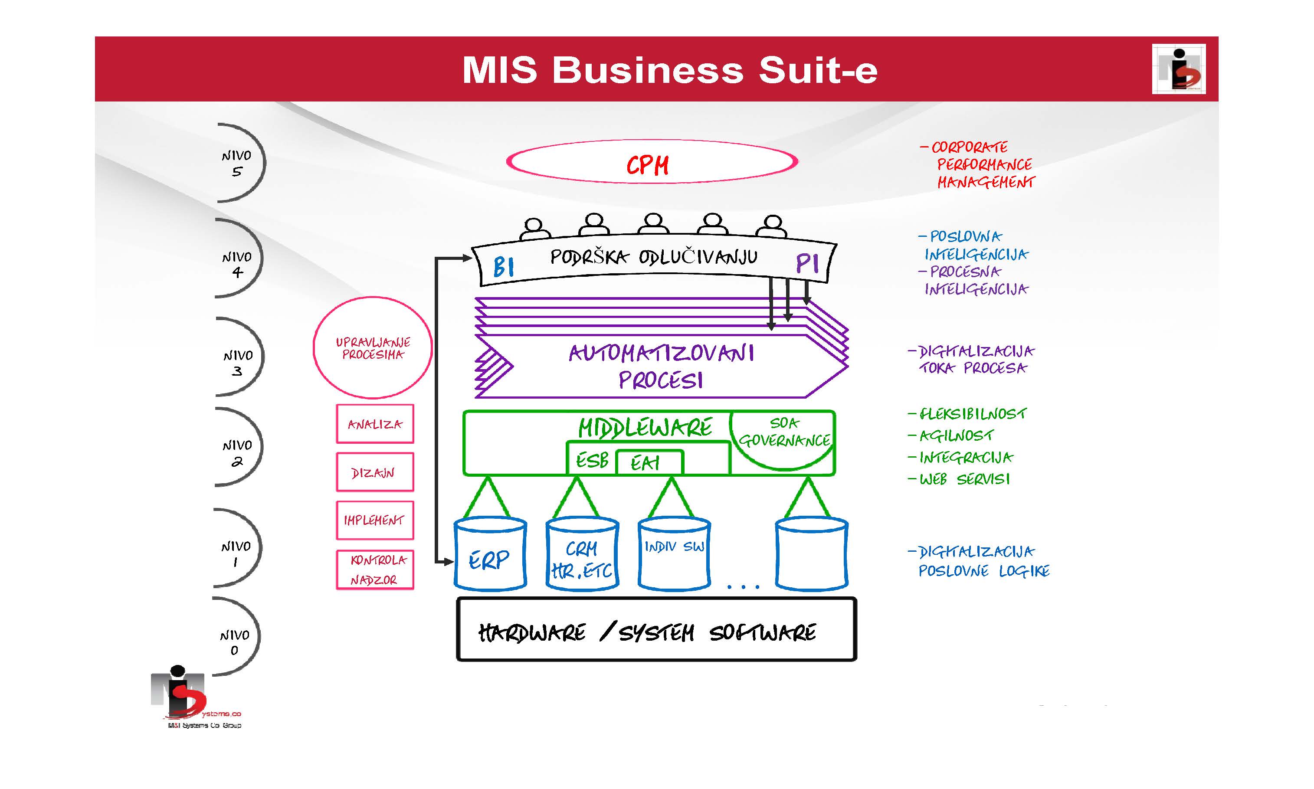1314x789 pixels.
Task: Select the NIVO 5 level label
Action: (x=236, y=163)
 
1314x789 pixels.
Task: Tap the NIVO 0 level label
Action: (x=235, y=642)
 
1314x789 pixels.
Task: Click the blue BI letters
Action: (x=503, y=266)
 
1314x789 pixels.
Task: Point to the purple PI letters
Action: (x=807, y=263)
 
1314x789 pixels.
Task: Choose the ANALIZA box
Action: (x=375, y=424)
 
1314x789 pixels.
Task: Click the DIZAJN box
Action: (x=375, y=471)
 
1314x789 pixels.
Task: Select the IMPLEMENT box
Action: (x=375, y=520)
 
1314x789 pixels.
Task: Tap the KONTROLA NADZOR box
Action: (x=375, y=570)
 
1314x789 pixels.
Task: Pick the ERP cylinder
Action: (x=490, y=554)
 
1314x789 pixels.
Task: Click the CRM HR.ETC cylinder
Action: (x=582, y=554)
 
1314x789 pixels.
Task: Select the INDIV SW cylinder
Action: (x=674, y=554)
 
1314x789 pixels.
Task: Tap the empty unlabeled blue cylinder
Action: (x=812, y=554)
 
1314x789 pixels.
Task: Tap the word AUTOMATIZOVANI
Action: (x=662, y=354)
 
